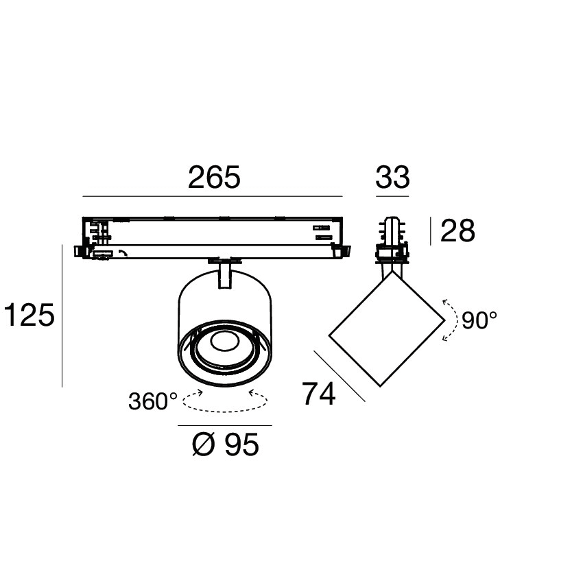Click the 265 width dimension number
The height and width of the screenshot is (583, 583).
tap(214, 178)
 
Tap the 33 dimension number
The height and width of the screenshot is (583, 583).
tap(392, 178)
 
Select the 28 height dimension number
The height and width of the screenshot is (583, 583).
tap(457, 231)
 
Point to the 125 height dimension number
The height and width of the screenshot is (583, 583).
tap(29, 316)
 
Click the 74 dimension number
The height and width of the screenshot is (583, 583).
tap(319, 394)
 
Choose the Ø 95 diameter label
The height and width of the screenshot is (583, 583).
tap(226, 444)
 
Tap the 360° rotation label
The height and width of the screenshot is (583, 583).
tap(153, 401)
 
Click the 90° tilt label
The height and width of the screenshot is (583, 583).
tap(479, 320)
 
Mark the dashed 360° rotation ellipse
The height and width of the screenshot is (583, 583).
tap(225, 411)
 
